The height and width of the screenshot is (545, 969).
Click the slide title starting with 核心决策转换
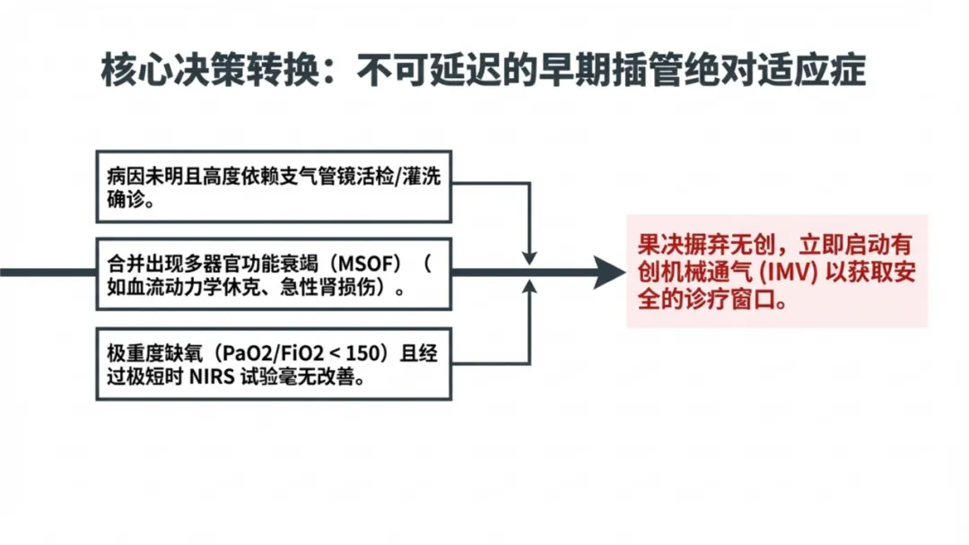tap(484, 70)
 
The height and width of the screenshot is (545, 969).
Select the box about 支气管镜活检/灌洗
tap(273, 187)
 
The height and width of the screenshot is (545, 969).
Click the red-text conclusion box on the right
tap(777, 272)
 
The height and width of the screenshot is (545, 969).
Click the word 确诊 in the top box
tap(124, 200)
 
